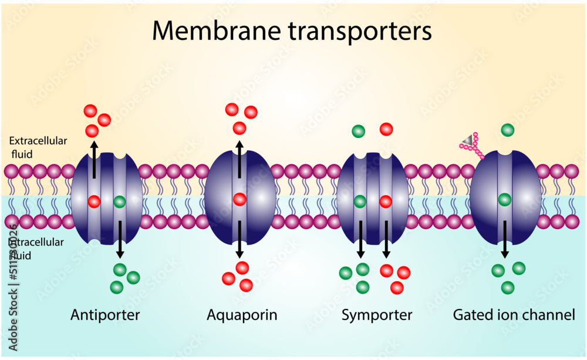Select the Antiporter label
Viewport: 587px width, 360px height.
pyautogui.click(x=105, y=315)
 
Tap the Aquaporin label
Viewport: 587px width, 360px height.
pyautogui.click(x=242, y=315)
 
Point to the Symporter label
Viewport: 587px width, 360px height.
pyautogui.click(x=377, y=315)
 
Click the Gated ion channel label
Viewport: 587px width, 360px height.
pyautogui.click(x=514, y=315)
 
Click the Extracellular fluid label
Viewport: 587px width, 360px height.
pyautogui.click(x=38, y=147)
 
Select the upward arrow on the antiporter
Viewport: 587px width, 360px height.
pyautogui.click(x=93, y=158)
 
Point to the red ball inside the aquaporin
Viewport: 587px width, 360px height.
pyautogui.click(x=239, y=199)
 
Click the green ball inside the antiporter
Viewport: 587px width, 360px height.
pyautogui.click(x=120, y=202)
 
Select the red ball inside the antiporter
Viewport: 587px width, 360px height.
pyautogui.click(x=94, y=201)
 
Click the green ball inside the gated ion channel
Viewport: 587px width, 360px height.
pyautogui.click(x=504, y=200)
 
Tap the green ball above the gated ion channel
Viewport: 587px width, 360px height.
pyautogui.click(x=508, y=130)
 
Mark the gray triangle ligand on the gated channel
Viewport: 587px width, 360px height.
pyautogui.click(x=467, y=139)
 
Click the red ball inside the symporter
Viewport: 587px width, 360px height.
pyautogui.click(x=386, y=202)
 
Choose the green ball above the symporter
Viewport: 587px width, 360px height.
pyautogui.click(x=358, y=131)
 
